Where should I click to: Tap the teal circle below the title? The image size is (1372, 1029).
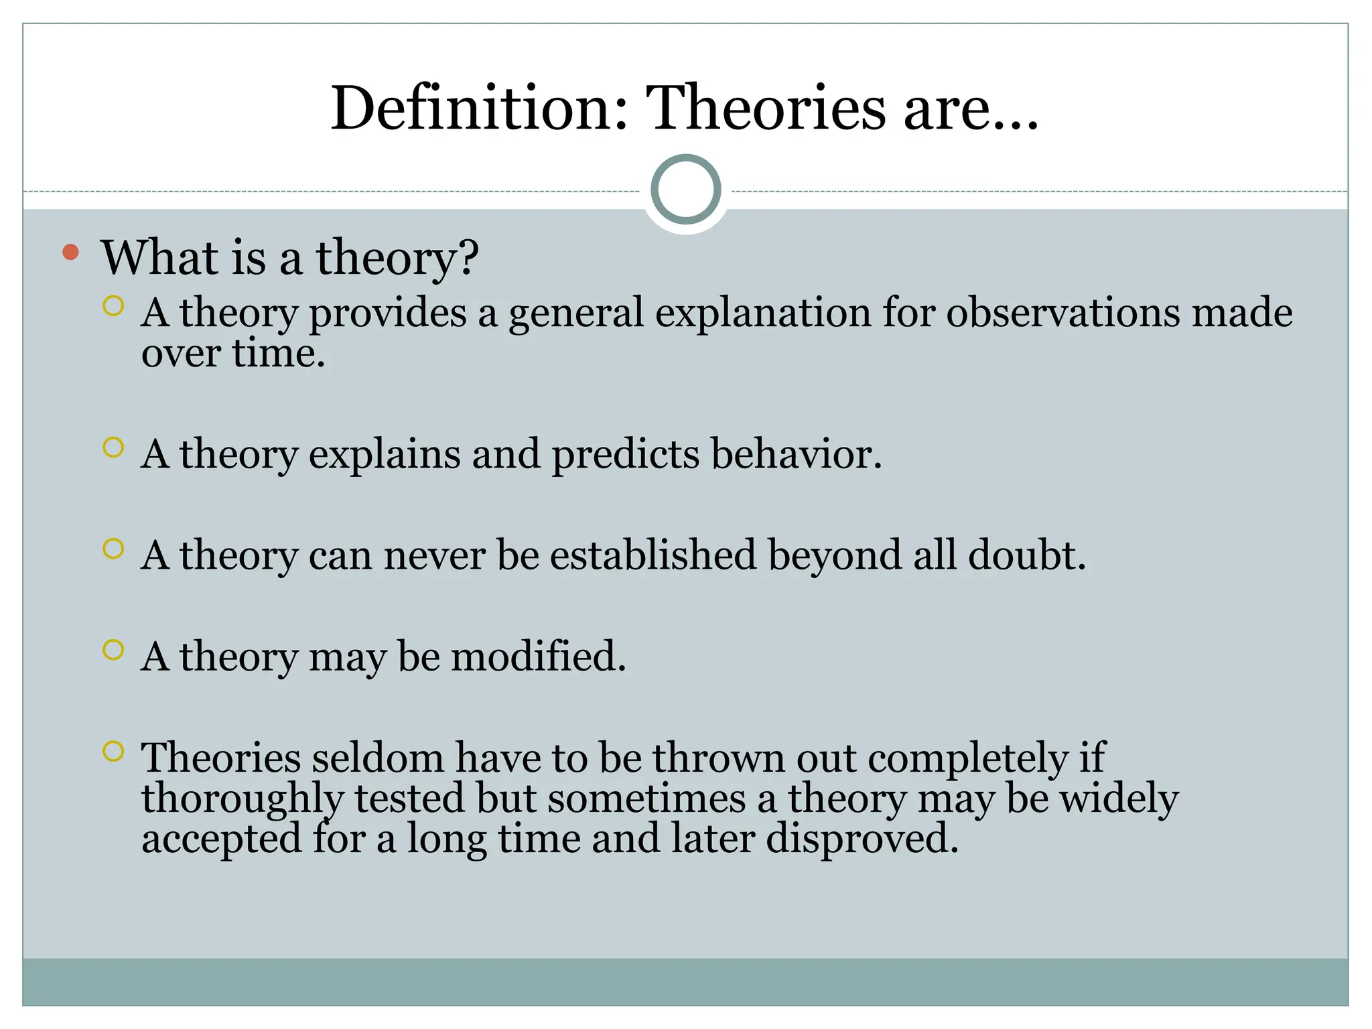click(685, 189)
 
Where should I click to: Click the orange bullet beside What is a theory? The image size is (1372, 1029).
click(70, 253)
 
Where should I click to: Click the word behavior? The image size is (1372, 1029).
click(796, 454)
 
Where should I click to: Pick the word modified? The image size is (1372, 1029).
click(538, 657)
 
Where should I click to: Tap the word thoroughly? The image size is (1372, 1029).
click(242, 799)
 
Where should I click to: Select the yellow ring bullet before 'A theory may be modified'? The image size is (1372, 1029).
click(114, 650)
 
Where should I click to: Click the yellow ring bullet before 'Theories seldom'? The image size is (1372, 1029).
click(114, 751)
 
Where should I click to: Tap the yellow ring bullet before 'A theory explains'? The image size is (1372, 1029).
click(114, 448)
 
